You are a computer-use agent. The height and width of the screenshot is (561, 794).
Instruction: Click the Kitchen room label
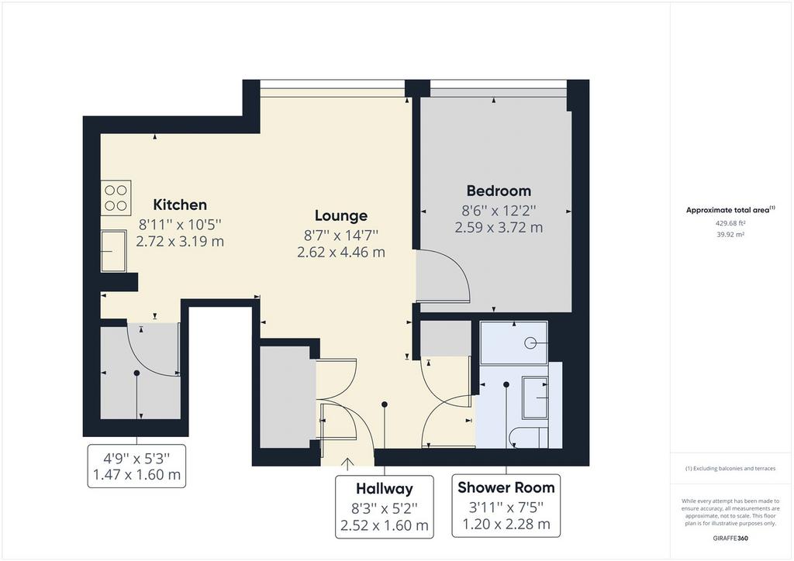[180, 205]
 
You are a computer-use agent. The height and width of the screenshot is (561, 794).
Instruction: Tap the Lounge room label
[341, 216]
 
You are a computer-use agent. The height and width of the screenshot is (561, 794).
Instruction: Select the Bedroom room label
[499, 191]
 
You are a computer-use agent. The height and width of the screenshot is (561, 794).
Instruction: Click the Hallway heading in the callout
[385, 489]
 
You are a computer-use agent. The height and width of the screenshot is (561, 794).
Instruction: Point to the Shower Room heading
[506, 487]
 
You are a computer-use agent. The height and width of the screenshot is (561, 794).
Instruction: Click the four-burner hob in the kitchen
[116, 198]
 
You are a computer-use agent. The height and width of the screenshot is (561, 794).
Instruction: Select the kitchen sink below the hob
[113, 251]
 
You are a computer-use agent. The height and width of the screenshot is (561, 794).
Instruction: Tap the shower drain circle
[530, 343]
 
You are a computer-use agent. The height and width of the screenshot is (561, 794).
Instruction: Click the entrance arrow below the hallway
[347, 464]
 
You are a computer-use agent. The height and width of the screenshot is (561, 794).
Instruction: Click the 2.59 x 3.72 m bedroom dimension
[499, 228]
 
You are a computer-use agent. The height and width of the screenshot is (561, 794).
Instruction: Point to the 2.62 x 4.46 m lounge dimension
[341, 252]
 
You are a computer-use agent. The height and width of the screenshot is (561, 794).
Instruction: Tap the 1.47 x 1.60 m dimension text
[136, 475]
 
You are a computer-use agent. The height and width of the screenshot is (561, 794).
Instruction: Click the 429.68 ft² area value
[730, 222]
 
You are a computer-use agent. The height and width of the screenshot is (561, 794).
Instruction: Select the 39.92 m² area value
[730, 235]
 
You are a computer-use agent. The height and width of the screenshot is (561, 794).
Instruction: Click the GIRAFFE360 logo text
[730, 539]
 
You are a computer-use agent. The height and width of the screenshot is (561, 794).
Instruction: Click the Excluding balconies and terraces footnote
[730, 469]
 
